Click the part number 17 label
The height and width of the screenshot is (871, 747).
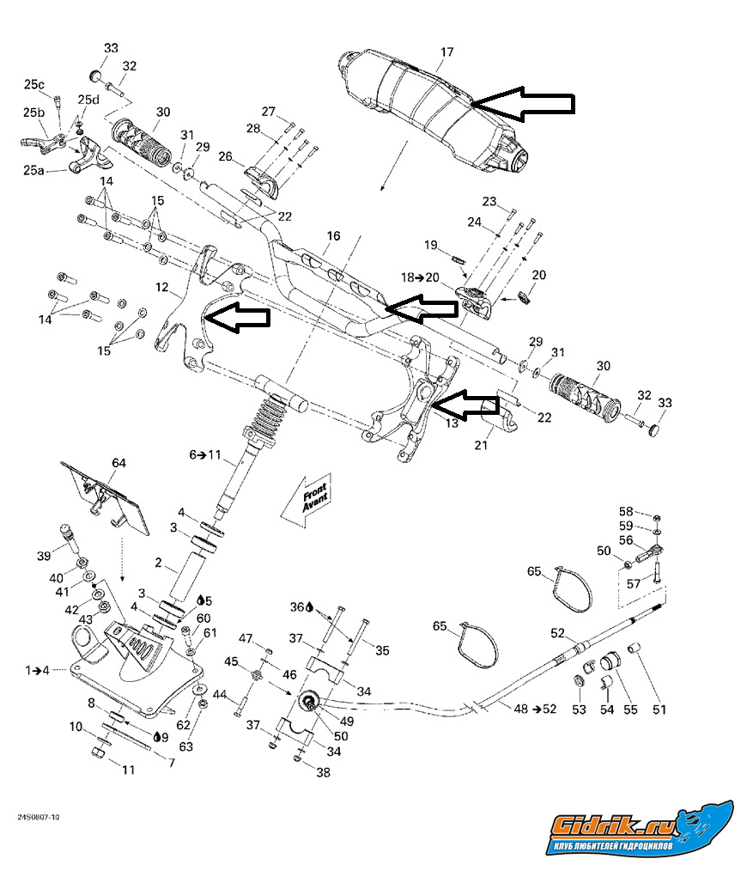[x=446, y=52]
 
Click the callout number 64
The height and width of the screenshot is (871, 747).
[x=118, y=464]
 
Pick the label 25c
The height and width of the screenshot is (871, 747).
[x=34, y=84]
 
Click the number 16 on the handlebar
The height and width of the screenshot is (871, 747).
[x=333, y=236]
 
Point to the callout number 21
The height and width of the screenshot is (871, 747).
[x=481, y=445]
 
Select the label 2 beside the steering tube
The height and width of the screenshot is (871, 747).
[x=158, y=563]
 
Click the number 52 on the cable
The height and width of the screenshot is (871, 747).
[x=557, y=633]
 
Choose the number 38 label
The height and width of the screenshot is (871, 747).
[x=323, y=772]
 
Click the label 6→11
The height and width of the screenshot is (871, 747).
[x=205, y=454]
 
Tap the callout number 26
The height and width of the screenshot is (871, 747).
[x=226, y=156]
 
